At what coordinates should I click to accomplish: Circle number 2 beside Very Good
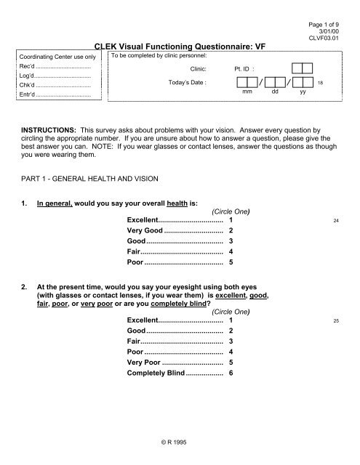(231, 230)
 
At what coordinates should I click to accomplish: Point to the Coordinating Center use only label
(58, 57)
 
